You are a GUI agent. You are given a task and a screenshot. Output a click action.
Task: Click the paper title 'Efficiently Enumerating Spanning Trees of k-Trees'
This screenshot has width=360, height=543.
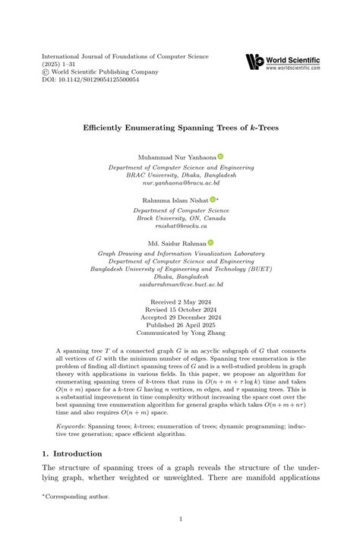tap(180, 127)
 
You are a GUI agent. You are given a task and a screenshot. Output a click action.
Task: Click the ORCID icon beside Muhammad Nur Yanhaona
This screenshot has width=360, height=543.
tap(220, 156)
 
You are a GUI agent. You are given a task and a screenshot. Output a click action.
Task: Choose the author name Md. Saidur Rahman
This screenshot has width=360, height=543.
tap(176, 242)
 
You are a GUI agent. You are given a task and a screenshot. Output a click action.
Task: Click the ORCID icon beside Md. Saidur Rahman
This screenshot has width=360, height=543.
tap(211, 242)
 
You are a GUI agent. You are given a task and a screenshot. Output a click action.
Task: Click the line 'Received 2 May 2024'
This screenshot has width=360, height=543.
tap(180, 301)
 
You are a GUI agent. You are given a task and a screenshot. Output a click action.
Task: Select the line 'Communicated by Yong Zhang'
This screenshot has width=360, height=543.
tap(180, 333)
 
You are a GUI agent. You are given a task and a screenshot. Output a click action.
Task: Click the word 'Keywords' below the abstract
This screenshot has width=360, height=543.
tap(74, 427)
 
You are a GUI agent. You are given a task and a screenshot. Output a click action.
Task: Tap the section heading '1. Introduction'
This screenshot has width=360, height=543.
tap(74, 453)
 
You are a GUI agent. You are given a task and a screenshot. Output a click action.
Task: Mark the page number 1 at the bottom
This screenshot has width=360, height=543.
tap(180, 519)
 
